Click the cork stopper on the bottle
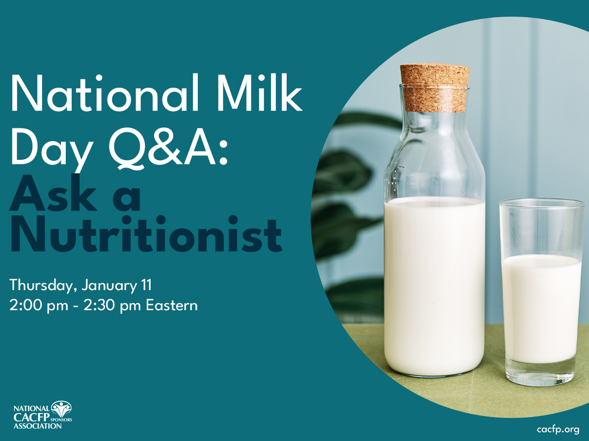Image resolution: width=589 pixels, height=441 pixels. [x=435, y=88]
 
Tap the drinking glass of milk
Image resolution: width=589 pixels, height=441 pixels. [x=541, y=292]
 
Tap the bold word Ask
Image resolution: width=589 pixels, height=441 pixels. [x=54, y=193]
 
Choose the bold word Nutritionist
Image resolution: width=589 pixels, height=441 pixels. [x=146, y=234]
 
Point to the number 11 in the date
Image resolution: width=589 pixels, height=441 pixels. [x=146, y=285]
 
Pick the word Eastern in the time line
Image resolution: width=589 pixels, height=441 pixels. [x=172, y=305]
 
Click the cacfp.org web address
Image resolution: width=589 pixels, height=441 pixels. [x=558, y=430]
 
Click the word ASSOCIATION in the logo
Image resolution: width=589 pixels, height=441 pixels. [x=38, y=426]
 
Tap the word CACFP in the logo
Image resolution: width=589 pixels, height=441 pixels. [x=32, y=417]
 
